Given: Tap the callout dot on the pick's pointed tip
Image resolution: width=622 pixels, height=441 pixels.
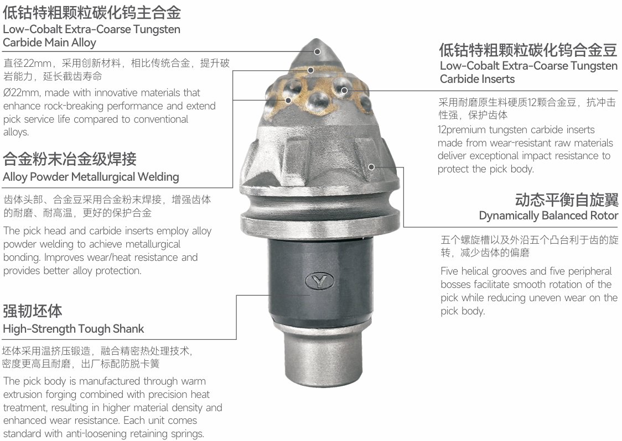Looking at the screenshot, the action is (317, 51).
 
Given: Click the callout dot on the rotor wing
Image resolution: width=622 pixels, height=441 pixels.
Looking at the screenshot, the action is (371, 167).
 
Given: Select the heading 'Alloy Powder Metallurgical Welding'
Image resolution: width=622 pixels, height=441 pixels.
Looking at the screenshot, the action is (91, 177).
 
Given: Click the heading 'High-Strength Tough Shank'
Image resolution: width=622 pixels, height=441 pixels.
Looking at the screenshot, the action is (74, 329).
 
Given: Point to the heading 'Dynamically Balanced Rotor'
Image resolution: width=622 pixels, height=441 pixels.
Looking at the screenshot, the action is (548, 216).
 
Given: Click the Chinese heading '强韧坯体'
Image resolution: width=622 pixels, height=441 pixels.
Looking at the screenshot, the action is (33, 311).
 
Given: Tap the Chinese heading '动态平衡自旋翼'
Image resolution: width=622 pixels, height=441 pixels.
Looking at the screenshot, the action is (567, 200).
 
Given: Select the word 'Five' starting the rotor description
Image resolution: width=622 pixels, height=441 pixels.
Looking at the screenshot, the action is (452, 271).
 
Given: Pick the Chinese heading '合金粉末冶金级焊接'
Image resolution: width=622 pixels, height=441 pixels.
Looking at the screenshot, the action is (69, 159).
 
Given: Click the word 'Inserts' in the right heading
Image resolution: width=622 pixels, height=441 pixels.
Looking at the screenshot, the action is (499, 79).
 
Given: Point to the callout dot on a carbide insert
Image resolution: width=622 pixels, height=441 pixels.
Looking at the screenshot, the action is (344, 91).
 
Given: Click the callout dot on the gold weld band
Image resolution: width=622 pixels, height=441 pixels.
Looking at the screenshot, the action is (311, 70).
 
